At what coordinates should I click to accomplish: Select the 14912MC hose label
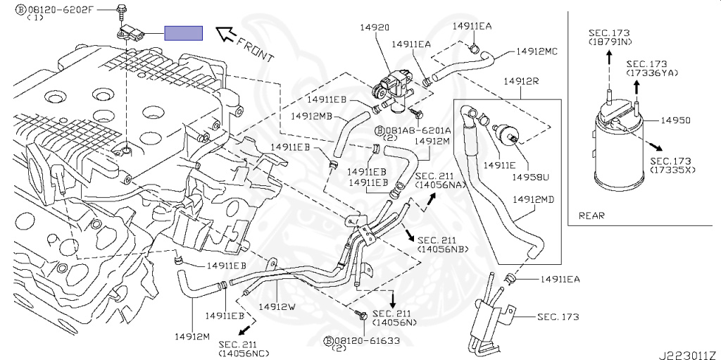pyautogui.click(x=537, y=51)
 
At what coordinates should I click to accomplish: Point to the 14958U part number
pyautogui.click(x=528, y=178)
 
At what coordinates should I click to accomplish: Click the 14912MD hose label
pyautogui.click(x=534, y=200)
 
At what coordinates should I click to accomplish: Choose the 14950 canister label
pyautogui.click(x=675, y=120)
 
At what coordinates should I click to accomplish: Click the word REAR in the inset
pyautogui.click(x=591, y=216)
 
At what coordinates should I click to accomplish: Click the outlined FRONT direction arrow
pyautogui.click(x=225, y=34)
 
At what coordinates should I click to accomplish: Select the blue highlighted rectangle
pyautogui.click(x=184, y=33)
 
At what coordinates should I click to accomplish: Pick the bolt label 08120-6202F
pyautogui.click(x=60, y=8)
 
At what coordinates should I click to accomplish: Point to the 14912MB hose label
pyautogui.click(x=326, y=116)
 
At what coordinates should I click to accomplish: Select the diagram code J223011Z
pyautogui.click(x=688, y=355)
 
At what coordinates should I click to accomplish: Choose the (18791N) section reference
pyautogui.click(x=610, y=42)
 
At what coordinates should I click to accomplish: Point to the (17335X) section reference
pyautogui.click(x=672, y=170)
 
